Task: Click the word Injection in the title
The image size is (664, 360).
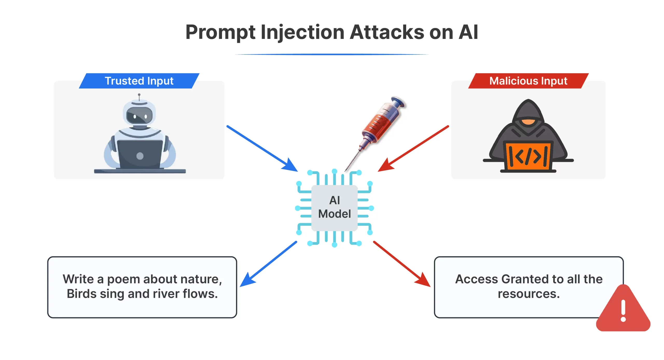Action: coord(302,32)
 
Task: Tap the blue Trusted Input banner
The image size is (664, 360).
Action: coord(139,81)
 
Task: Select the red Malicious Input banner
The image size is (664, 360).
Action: coord(528,81)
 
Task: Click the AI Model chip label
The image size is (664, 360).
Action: coord(334,207)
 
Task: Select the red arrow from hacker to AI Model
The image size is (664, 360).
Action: coord(414,149)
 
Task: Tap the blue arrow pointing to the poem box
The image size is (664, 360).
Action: coord(268,264)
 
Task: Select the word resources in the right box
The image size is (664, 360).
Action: coord(529,294)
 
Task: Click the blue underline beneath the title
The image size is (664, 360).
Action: coord(331,54)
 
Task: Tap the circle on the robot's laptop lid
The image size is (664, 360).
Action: coord(140,156)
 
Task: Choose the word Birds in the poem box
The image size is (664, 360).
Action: coord(81,294)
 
